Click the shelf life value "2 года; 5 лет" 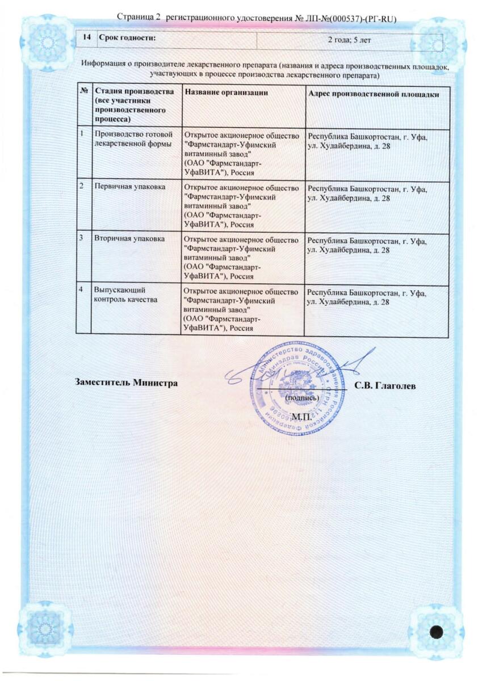350,39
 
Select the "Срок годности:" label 127,39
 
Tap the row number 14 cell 87,39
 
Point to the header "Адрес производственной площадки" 373,92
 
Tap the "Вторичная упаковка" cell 129,239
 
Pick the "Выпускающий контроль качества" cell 125,295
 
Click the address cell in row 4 367,298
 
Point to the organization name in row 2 241,205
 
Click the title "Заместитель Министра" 127,383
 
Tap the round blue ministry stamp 290,388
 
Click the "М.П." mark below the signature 301,417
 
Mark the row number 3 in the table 83,239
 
